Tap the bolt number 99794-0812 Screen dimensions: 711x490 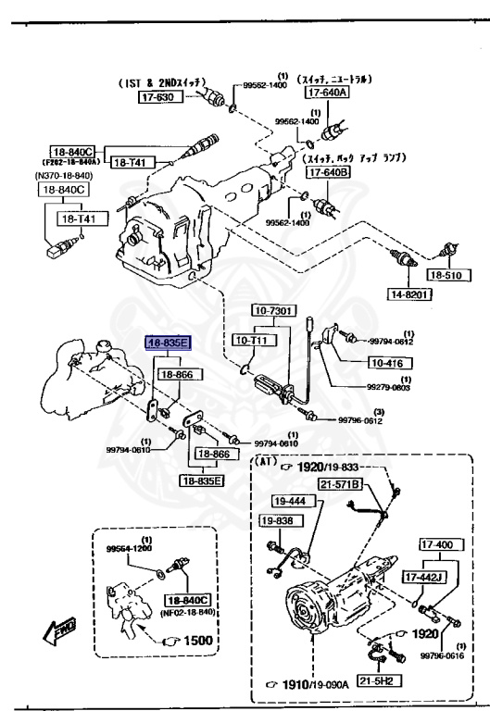tap(392, 342)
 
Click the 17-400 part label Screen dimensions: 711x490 tap(440, 545)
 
